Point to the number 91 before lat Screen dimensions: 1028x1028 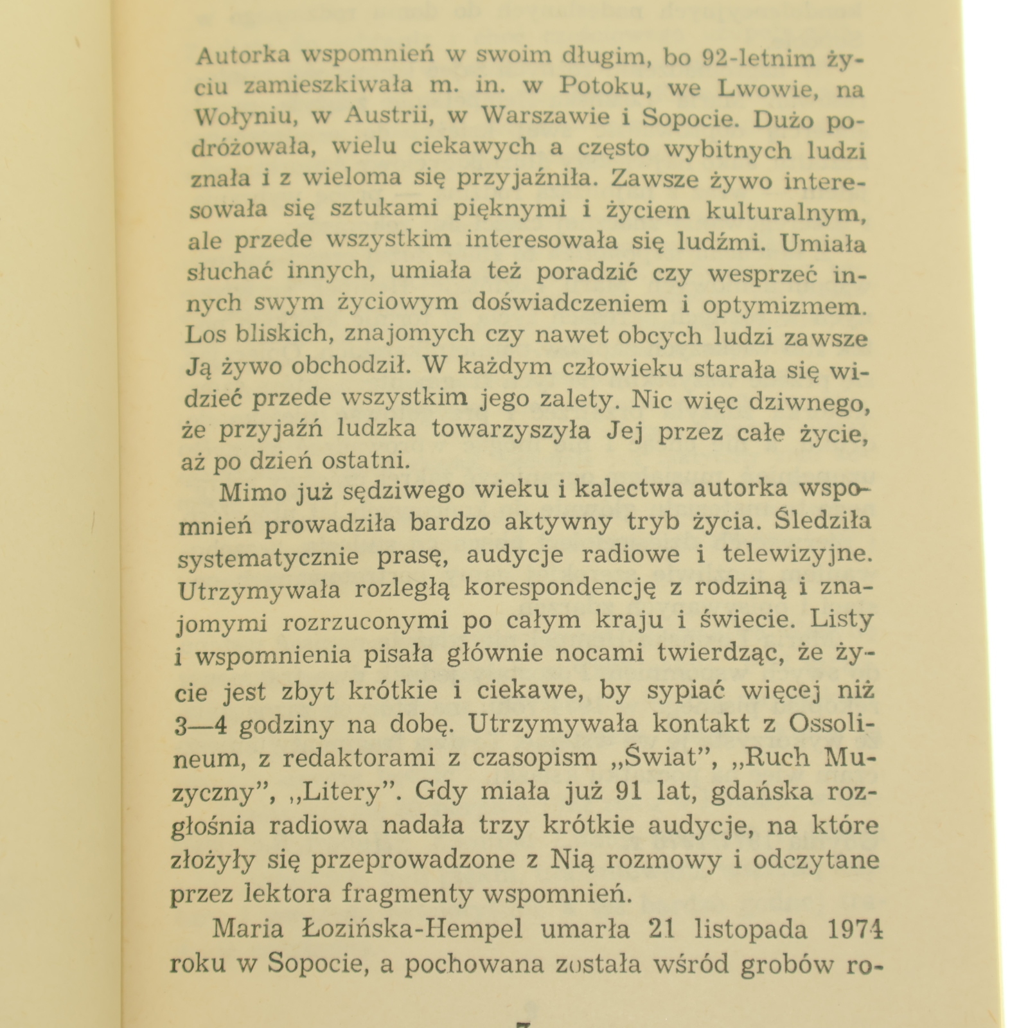pos(628,791)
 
